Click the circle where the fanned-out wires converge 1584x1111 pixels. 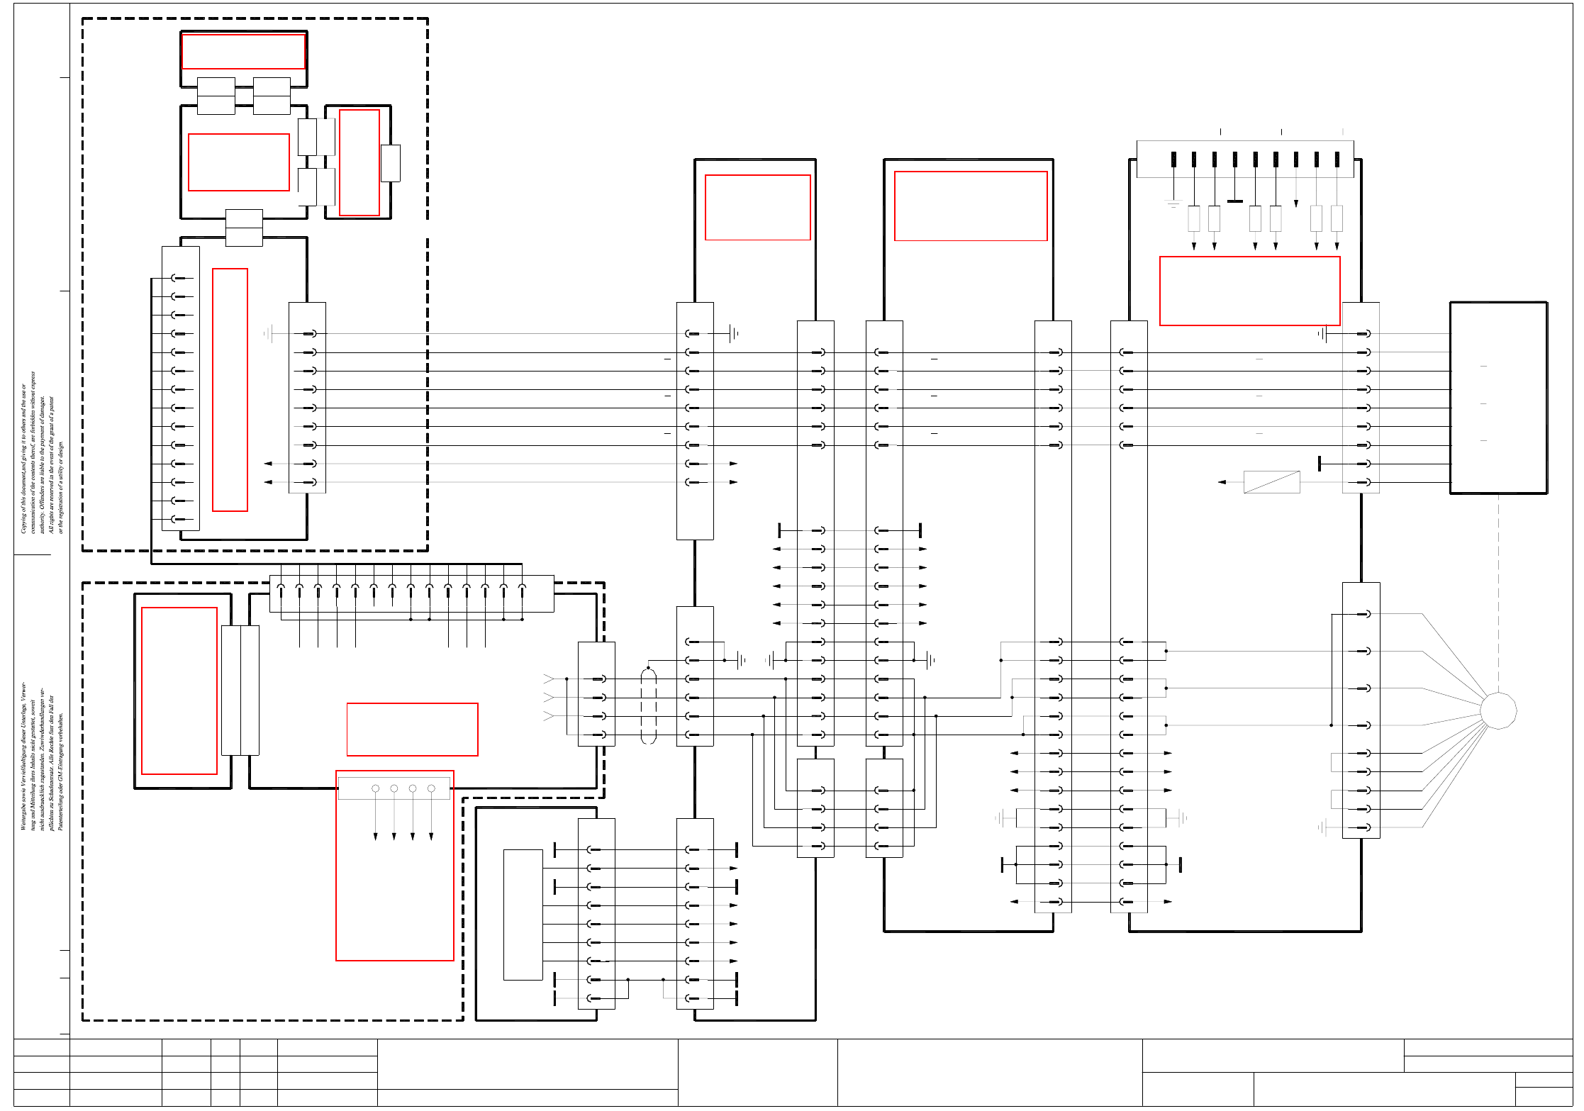pos(1498,710)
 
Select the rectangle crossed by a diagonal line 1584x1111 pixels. pos(1271,482)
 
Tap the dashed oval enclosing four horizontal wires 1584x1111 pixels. pos(648,706)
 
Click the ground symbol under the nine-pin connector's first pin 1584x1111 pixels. pos(1173,203)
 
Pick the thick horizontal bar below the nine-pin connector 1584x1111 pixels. pos(1234,201)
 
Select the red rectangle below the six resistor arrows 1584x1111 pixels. pos(1249,291)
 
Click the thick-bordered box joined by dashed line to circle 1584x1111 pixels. pos(1498,397)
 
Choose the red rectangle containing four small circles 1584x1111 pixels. pos(394,865)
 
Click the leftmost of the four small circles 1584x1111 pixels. pos(375,788)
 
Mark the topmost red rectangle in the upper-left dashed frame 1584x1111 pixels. pos(243,51)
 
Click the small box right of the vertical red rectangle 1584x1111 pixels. pos(390,163)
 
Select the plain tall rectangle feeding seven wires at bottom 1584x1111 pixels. pos(523,915)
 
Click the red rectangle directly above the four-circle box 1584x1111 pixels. pos(412,729)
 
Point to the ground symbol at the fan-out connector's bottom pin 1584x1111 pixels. pos(1322,827)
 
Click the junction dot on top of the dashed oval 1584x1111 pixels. pos(647,668)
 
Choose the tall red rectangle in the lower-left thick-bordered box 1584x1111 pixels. pos(179,691)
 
